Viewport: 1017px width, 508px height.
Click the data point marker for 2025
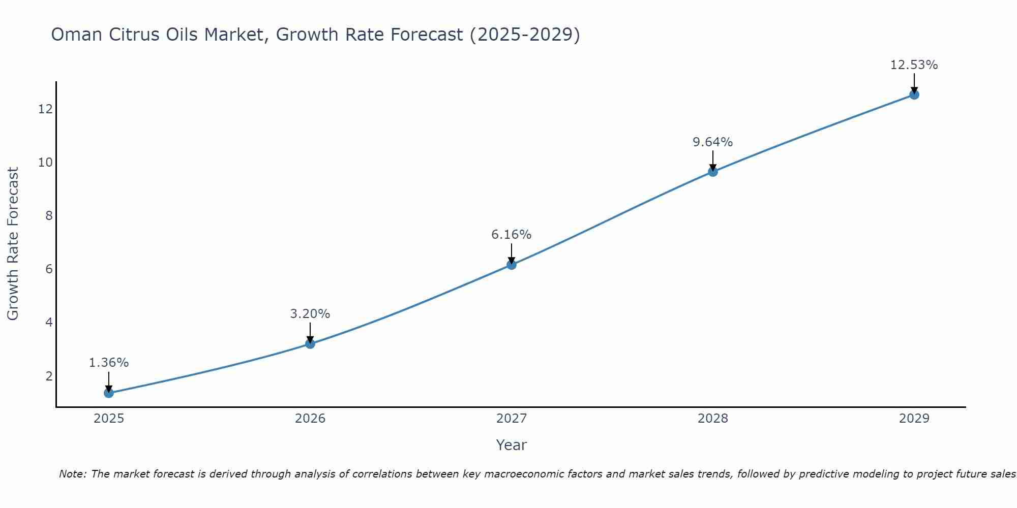coord(109,393)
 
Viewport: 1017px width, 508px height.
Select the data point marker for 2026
coord(310,344)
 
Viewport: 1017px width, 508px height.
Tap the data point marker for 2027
coord(512,265)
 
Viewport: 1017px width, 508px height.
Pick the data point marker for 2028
coord(713,172)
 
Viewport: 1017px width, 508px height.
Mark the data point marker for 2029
coord(914,94)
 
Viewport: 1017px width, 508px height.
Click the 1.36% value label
coord(109,363)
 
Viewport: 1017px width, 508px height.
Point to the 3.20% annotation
coord(310,314)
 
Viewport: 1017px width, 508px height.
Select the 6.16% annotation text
coord(512,235)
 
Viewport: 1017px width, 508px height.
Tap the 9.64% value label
coord(713,142)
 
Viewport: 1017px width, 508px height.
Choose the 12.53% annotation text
coord(914,65)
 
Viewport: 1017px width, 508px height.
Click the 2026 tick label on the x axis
coord(310,419)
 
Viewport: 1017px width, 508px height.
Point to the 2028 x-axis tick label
coord(713,419)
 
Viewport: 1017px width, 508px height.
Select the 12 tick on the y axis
coord(45,109)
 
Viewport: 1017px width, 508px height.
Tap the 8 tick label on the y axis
coord(49,216)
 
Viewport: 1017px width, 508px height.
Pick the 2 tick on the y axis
coord(49,376)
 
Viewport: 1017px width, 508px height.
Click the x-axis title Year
coord(512,445)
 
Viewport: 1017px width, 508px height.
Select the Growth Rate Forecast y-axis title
coord(13,244)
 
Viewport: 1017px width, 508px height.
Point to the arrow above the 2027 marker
coord(512,253)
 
